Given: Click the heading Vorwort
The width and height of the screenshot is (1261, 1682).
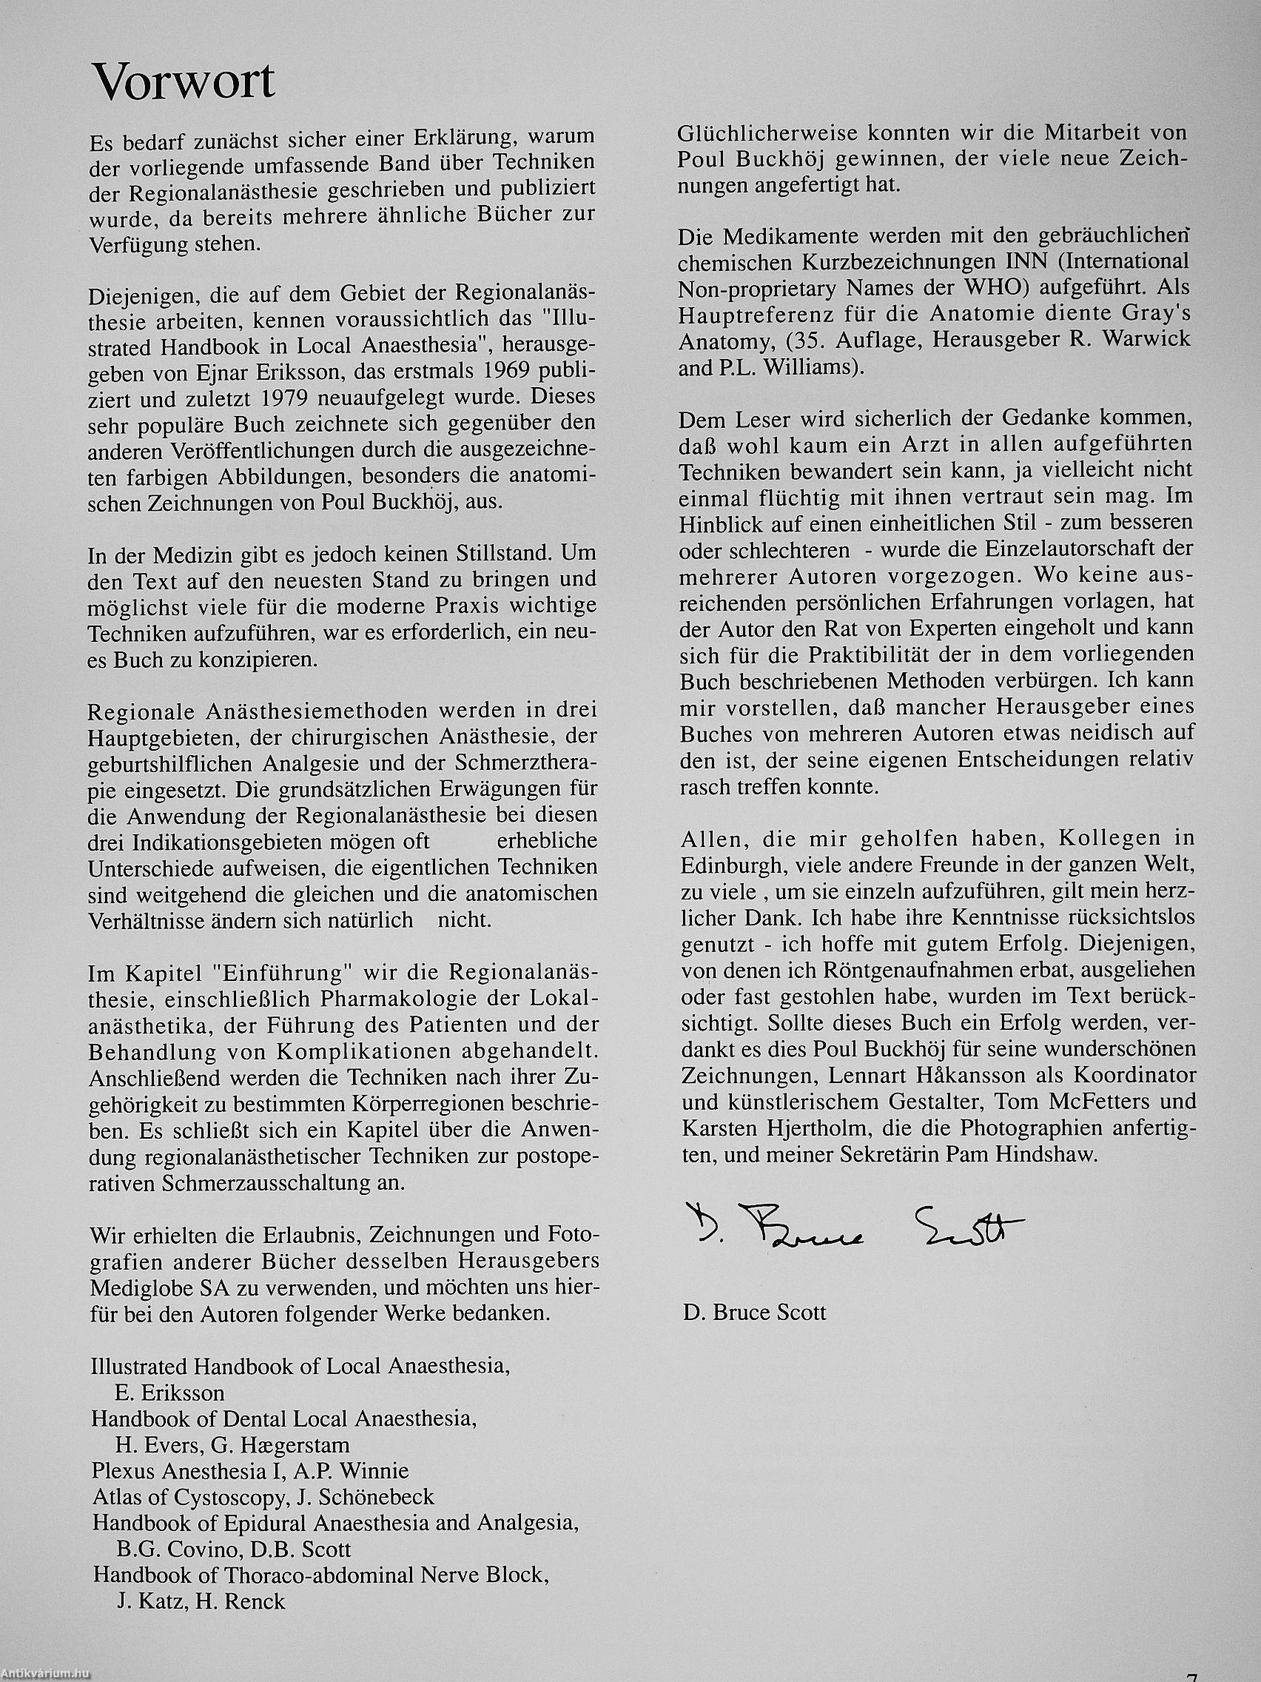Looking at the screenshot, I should pyautogui.click(x=183, y=81).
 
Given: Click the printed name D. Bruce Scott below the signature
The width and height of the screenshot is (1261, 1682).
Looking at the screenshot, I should pyautogui.click(x=754, y=1313).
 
